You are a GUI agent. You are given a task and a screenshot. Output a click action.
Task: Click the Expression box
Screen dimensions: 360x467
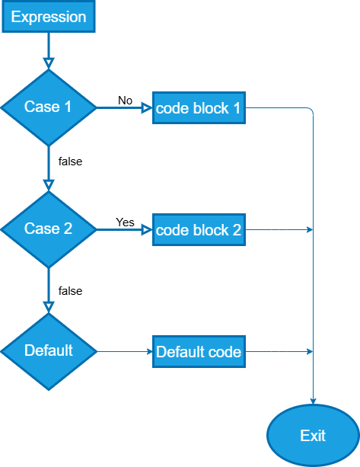(49, 17)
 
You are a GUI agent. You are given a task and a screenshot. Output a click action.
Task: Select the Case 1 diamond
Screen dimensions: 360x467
(49, 107)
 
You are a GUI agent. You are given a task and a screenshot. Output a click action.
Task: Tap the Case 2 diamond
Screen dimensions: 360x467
(49, 229)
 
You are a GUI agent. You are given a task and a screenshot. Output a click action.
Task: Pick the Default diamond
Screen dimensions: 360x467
(49, 351)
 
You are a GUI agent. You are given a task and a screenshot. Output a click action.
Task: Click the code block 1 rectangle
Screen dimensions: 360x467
(199, 108)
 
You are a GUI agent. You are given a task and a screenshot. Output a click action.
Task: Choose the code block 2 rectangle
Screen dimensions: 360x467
(199, 229)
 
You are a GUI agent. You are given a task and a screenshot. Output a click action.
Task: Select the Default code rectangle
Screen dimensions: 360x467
(199, 352)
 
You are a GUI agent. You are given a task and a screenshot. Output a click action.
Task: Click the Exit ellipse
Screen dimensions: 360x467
(313, 436)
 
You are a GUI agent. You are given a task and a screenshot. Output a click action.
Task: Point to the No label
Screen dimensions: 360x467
(126, 101)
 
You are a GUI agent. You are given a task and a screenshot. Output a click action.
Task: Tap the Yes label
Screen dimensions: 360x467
(126, 222)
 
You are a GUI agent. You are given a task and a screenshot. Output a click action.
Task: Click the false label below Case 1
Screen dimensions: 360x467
(70, 162)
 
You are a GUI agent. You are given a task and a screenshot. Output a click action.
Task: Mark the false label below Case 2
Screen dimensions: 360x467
(70, 291)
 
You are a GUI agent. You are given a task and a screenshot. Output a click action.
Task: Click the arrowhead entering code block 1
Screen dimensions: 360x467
(147, 108)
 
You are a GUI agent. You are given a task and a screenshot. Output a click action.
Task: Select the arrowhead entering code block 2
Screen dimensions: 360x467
(147, 229)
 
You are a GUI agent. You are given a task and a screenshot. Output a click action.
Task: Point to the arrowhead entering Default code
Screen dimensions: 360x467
(150, 352)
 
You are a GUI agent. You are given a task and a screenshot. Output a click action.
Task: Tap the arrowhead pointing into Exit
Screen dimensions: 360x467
(313, 401)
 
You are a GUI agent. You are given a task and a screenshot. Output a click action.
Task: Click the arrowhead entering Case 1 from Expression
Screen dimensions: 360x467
(49, 63)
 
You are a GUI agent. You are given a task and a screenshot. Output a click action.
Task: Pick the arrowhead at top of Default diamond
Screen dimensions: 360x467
(49, 307)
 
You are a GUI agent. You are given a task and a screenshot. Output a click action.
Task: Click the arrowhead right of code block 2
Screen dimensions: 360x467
(310, 229)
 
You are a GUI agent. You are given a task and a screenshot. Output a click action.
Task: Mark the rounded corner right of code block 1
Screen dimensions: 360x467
(311, 110)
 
